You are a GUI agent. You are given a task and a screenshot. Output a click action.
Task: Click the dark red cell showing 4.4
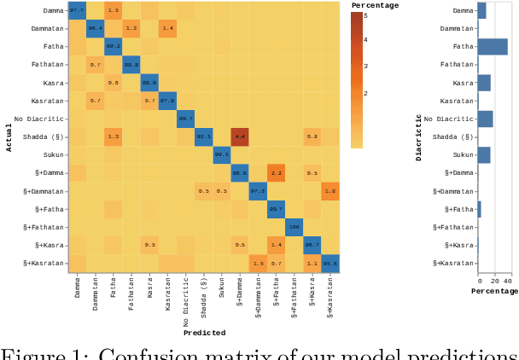point(239,136)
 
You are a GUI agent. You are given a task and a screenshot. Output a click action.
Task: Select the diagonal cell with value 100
point(294,226)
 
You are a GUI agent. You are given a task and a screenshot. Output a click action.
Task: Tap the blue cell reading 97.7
point(77,10)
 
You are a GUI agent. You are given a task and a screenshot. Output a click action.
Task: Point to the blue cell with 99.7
point(185,118)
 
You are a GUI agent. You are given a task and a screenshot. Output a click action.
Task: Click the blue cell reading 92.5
point(203,136)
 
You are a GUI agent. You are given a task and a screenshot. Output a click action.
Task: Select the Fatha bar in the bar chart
point(493,46)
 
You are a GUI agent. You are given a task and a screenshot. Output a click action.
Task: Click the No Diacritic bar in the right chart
point(486,119)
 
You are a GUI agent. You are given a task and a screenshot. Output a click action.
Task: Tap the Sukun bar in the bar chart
point(484,154)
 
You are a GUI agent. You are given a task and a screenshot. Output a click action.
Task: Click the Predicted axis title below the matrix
point(203,333)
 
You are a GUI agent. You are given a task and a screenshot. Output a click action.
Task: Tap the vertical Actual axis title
point(8,136)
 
